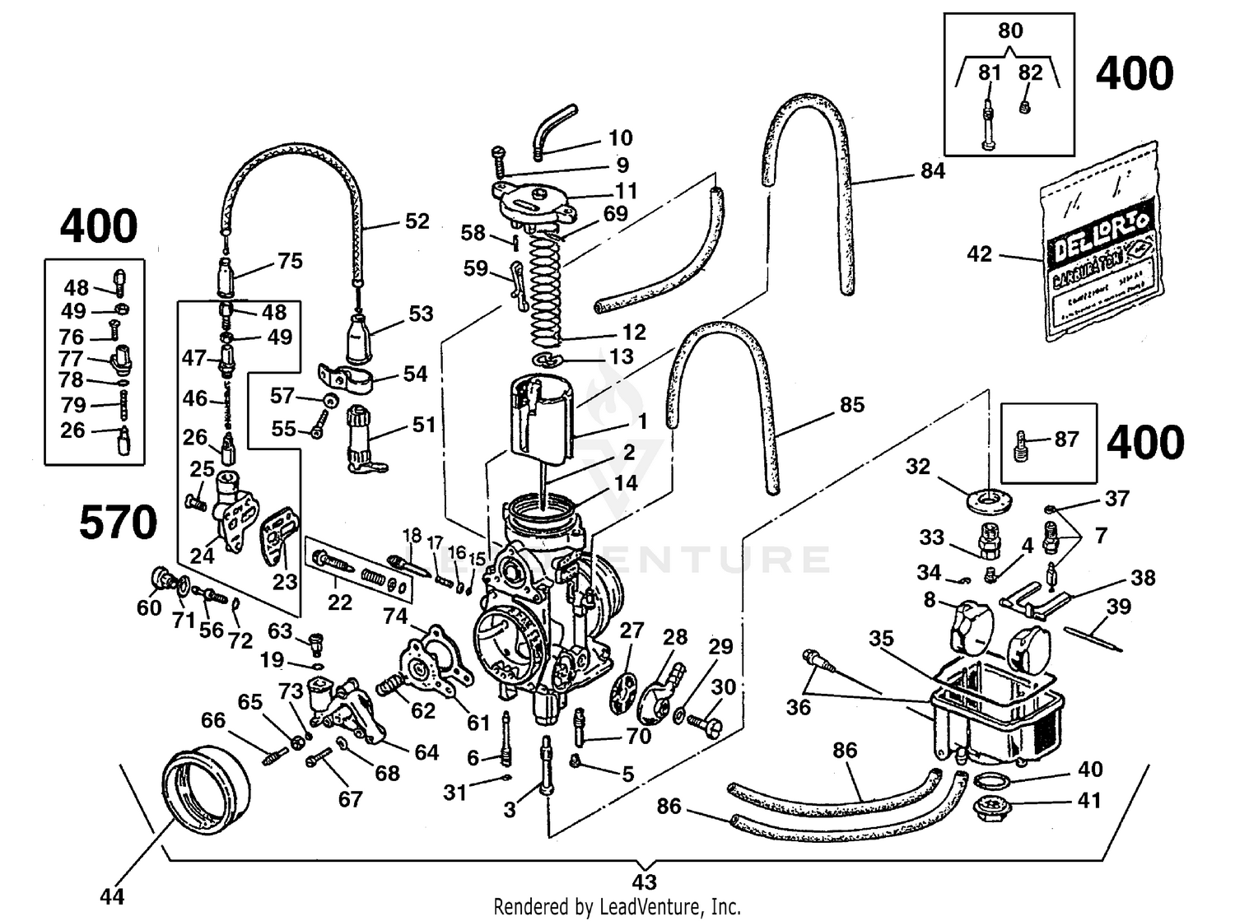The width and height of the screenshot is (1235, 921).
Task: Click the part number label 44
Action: pos(112,895)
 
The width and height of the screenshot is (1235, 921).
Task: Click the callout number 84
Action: pos(932,171)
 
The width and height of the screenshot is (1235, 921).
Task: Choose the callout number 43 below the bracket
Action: pos(645,882)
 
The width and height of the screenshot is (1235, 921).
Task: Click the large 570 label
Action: pos(118,523)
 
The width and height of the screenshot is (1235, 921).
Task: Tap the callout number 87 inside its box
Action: pos(1066,440)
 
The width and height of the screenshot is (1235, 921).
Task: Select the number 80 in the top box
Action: pos(1009,31)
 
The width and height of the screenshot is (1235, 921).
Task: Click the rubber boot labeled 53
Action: pos(359,337)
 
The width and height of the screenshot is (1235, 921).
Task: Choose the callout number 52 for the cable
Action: pos(417,221)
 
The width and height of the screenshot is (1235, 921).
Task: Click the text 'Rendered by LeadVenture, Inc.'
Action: pos(617,907)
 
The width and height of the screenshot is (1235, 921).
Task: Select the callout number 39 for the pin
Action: pos(1118,607)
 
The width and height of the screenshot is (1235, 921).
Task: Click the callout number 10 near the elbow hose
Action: pos(620,137)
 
